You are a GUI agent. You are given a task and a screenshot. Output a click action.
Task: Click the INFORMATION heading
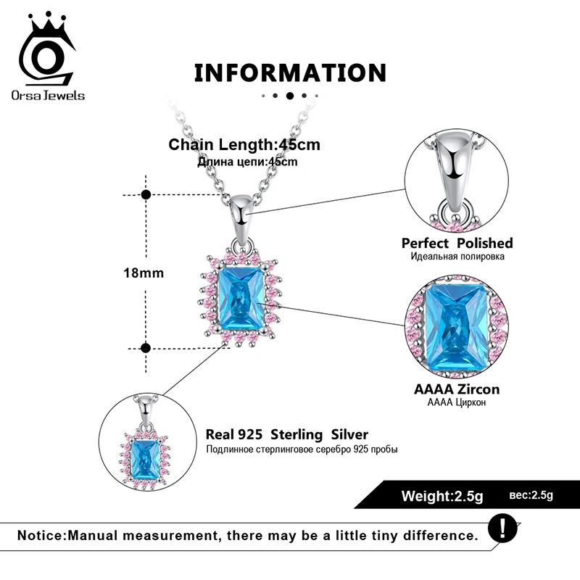point(290,72)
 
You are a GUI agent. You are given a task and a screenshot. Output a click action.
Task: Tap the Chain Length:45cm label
point(244,144)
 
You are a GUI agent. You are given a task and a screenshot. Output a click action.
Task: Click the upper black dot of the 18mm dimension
point(146,194)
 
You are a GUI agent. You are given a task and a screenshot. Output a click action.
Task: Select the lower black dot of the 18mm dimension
point(146,348)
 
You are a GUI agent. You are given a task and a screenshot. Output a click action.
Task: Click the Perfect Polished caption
point(457,243)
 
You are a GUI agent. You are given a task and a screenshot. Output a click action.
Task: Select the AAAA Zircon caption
point(457,389)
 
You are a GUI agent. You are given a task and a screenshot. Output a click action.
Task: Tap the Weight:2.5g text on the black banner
point(442,497)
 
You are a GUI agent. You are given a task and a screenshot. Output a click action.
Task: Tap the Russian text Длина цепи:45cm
point(247,162)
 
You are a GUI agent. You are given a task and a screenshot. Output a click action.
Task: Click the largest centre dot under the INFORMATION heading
point(290,95)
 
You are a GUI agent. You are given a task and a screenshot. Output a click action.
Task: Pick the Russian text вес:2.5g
point(531,495)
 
